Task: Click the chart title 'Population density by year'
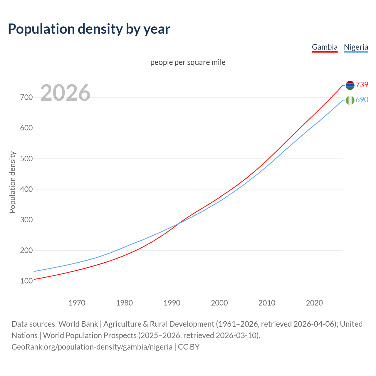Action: [x=89, y=29]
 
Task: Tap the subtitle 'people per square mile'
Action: [x=188, y=62]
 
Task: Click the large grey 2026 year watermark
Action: [x=65, y=93]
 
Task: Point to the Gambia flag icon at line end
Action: [x=350, y=85]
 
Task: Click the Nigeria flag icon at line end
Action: [x=350, y=100]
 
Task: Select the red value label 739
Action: [x=362, y=85]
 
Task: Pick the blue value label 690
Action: [x=362, y=100]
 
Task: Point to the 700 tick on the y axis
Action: [x=26, y=97]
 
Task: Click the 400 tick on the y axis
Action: [x=26, y=189]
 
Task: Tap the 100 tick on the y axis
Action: [x=26, y=281]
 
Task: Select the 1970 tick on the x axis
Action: [x=77, y=303]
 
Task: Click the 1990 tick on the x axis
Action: [x=172, y=303]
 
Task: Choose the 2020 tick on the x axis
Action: [x=314, y=303]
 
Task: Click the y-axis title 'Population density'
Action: [x=12, y=182]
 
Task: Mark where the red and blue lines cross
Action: [x=178, y=224]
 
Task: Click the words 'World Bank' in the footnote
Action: [x=78, y=324]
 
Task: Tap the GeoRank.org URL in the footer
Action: [x=92, y=347]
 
